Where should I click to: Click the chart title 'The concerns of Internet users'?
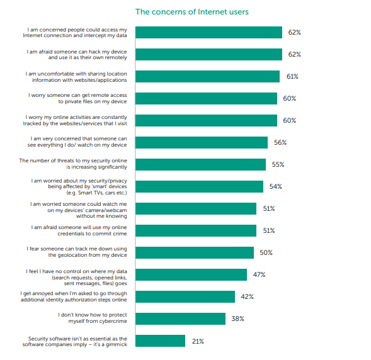pyautogui.click(x=192, y=12)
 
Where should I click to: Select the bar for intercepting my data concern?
pyautogui.click(x=208, y=32)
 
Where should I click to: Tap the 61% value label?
pyautogui.click(x=292, y=76)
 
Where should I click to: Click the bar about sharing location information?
pyautogui.click(x=207, y=76)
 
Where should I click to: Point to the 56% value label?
pyautogui.click(x=280, y=142)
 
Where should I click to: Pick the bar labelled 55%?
pyautogui.click(x=201, y=164)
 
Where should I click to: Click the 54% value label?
pyautogui.click(x=276, y=186)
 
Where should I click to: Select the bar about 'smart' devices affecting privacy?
pyautogui.click(x=199, y=186)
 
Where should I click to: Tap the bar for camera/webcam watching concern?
pyautogui.click(x=196, y=208)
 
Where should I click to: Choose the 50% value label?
pyautogui.click(x=266, y=252)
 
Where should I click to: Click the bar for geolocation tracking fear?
pyautogui.click(x=195, y=252)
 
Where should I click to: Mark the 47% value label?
pyautogui.click(x=259, y=274)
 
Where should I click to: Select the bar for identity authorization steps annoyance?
pyautogui.click(x=185, y=296)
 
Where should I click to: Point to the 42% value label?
pyautogui.click(x=248, y=296)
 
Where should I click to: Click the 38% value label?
pyautogui.click(x=238, y=318)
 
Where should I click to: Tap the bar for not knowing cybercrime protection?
pyautogui.click(x=180, y=318)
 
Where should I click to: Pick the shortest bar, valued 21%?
pyautogui.click(x=160, y=340)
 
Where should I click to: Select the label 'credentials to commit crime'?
pyautogui.click(x=92, y=233)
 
